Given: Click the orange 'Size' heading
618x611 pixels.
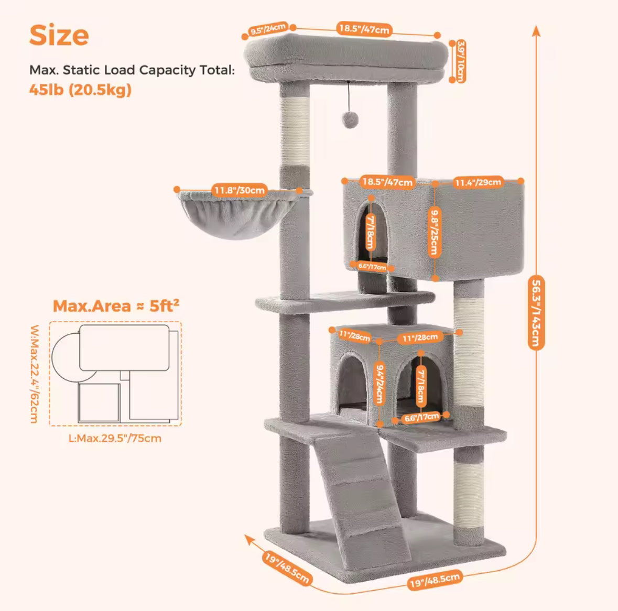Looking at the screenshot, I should pos(59,36).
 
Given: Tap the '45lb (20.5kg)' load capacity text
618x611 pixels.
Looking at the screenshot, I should pos(80,90).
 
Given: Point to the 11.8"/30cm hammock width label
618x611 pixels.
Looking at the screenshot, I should pos(238,190).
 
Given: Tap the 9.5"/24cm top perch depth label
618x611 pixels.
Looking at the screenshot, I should pos(268,29).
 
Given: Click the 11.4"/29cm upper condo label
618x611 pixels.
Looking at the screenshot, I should pos(478,182).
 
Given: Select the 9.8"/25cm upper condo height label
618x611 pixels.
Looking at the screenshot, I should pos(434,232).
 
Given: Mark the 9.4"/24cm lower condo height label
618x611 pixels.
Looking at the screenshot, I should pos(380,384).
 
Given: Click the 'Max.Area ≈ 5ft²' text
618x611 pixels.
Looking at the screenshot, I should pos(116,305).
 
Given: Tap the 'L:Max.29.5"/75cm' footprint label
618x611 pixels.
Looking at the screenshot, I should pos(115,438).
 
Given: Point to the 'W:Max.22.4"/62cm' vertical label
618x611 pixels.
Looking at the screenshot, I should pos(34,374).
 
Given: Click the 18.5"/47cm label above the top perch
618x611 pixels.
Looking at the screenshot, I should pos(364,29).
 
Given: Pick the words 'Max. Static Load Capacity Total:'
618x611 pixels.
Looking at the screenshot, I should pos(132,70).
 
